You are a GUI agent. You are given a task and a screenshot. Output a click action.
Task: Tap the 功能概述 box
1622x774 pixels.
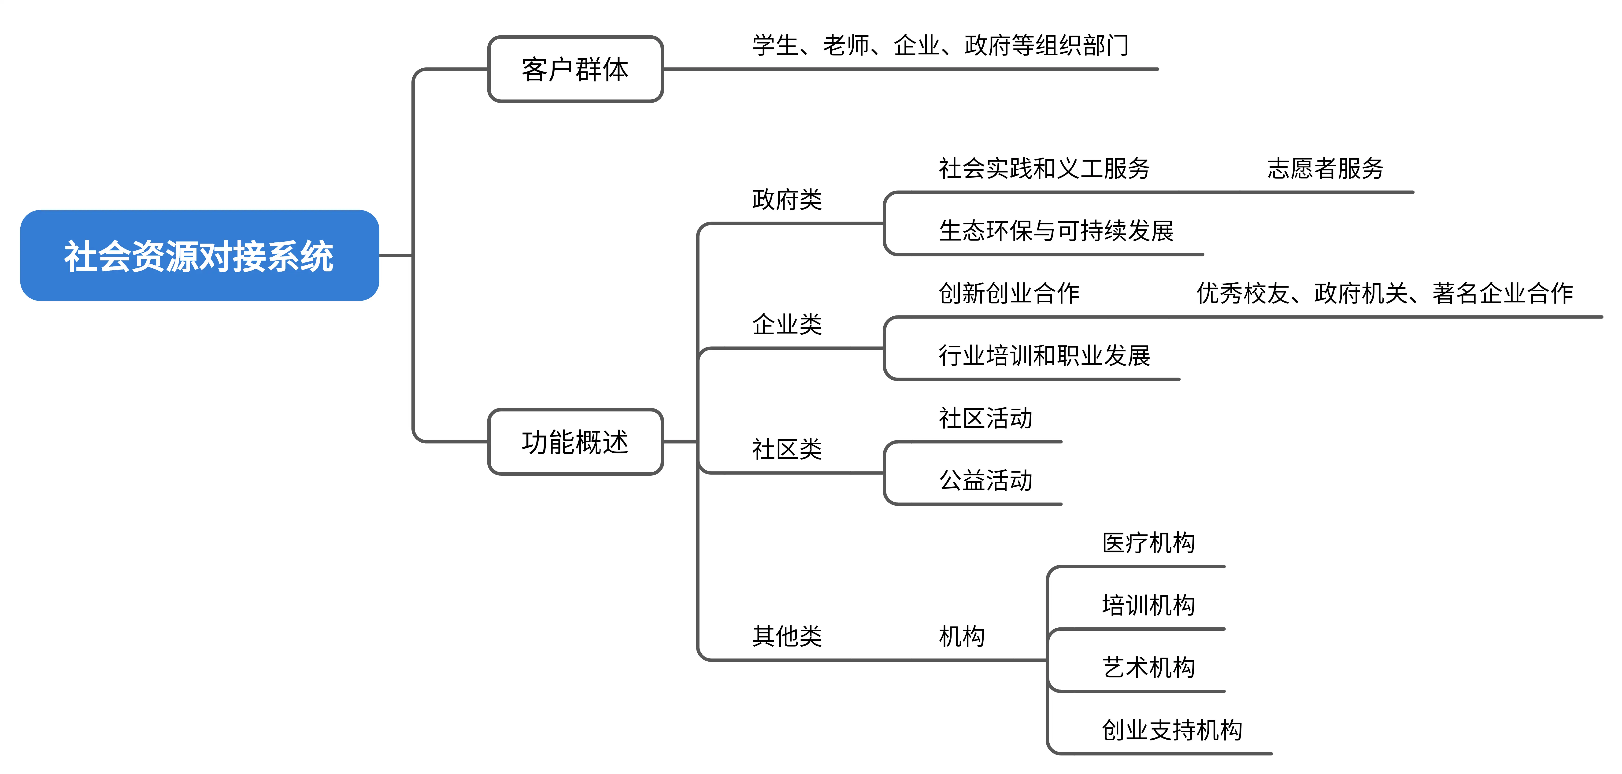pos(575,441)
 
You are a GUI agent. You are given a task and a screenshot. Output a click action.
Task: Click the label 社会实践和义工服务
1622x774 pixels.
pos(1044,168)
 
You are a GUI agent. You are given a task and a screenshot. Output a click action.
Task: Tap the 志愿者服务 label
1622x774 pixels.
pos(1326,168)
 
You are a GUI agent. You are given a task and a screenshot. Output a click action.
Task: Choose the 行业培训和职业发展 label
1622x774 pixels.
pos(1044,355)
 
